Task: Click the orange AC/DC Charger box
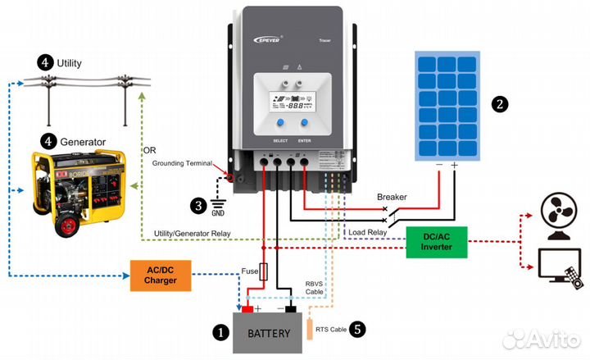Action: [x=160, y=276]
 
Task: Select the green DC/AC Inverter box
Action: [x=437, y=241]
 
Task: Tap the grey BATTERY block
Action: [x=269, y=333]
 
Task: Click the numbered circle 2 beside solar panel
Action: [x=500, y=104]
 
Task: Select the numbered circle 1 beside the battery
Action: [x=220, y=333]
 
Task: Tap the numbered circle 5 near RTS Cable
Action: [x=356, y=330]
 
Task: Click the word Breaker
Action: [x=392, y=197]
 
